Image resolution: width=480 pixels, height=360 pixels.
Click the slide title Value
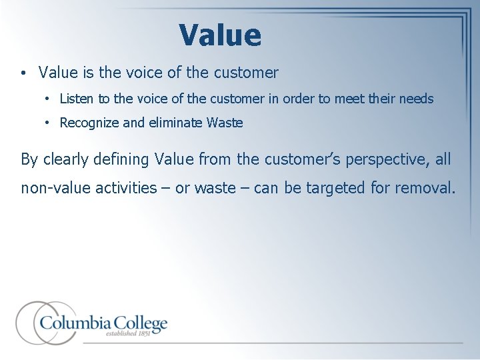(x=220, y=35)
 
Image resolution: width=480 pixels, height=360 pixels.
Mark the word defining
(x=125, y=159)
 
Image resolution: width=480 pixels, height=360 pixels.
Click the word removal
(x=425, y=188)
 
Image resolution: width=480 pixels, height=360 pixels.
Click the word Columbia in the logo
(x=75, y=323)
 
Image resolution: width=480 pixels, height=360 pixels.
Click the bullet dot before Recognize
(x=49, y=123)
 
